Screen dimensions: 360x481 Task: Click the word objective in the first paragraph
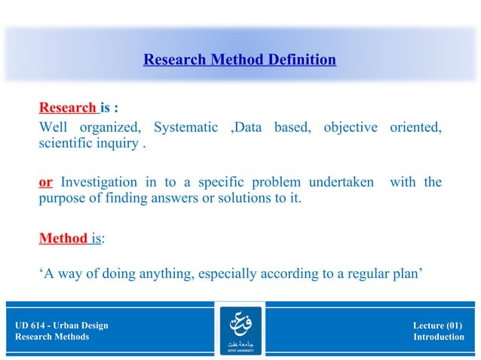[351, 127]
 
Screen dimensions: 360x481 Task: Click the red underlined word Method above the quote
[63, 239]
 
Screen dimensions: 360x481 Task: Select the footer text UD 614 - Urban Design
[62, 325]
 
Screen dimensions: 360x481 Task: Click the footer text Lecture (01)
[438, 325]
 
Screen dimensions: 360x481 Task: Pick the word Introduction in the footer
[439, 337]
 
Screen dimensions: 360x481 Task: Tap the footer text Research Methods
[52, 337]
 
